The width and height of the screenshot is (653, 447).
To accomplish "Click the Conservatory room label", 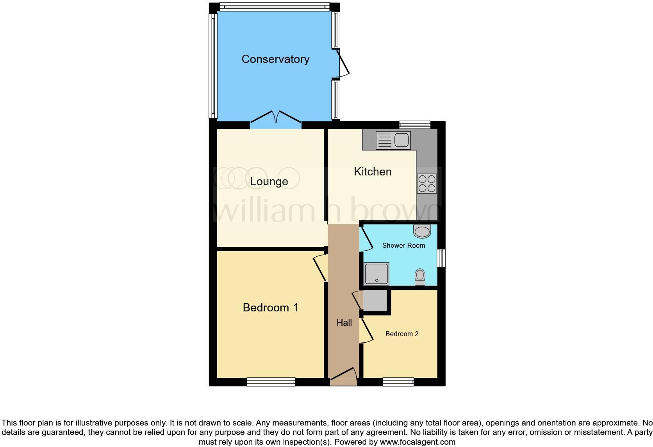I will click(275, 59).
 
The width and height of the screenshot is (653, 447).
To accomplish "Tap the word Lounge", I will click(269, 181).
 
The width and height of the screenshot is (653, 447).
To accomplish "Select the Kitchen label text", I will click(373, 172).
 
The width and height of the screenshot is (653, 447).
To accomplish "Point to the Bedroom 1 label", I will click(270, 308).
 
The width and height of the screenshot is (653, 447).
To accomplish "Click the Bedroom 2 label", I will click(401, 334).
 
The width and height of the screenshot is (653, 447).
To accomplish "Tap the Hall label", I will click(344, 323).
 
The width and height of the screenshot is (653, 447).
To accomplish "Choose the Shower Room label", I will click(403, 245).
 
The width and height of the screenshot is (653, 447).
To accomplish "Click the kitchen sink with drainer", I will click(393, 140).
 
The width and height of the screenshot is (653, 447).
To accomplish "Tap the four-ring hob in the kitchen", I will click(426, 184).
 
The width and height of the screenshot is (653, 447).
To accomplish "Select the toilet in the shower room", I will click(420, 277).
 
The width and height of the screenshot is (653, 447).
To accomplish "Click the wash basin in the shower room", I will click(422, 231).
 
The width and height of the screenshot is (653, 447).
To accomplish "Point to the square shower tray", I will click(376, 274).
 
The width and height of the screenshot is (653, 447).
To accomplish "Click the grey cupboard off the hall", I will click(375, 300).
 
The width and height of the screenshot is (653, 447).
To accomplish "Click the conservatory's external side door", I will click(341, 64).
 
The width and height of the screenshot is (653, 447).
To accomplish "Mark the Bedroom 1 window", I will click(271, 382).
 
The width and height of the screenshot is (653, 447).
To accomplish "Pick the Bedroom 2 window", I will click(398, 382).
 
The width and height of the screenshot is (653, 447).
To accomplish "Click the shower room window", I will click(441, 258).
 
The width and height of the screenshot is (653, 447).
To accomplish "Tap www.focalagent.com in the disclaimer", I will click(417, 442).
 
